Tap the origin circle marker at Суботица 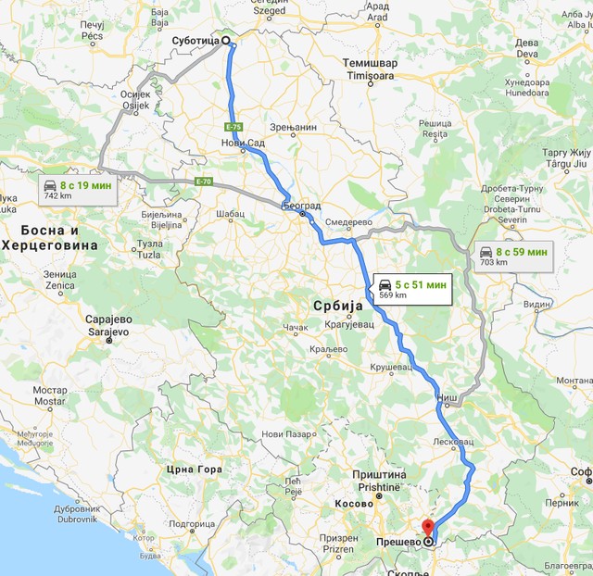coord(226,41)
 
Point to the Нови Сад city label coord(239,143)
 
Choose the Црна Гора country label coord(196,470)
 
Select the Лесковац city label coord(453,442)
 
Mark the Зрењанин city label coord(295,127)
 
